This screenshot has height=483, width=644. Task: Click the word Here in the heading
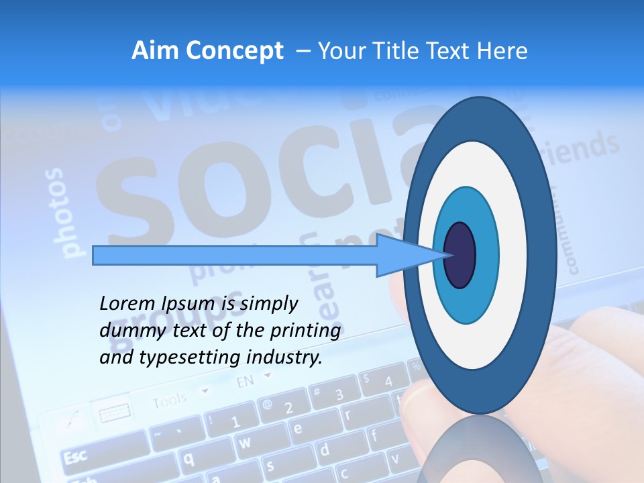(502, 51)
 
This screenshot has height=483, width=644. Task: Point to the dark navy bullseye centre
(460, 255)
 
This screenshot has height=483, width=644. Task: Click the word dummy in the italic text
(127, 331)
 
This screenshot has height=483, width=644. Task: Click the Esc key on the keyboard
(74, 457)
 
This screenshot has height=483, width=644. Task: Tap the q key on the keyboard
(189, 458)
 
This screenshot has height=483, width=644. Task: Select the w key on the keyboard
(246, 442)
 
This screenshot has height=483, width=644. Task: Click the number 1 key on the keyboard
(235, 422)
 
